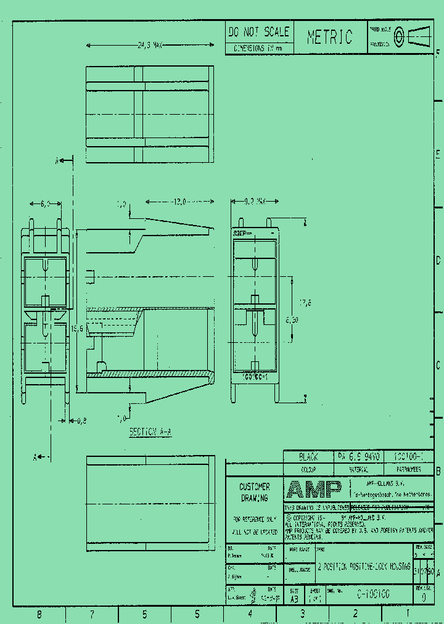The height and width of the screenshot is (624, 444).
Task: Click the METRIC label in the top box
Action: coord(330,38)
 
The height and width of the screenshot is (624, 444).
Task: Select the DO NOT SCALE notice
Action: coord(258,32)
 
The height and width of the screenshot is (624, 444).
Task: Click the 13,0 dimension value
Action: coord(179,202)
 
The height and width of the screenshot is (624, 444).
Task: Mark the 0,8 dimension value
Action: coord(81,421)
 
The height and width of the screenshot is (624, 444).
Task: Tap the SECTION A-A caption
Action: coord(150,432)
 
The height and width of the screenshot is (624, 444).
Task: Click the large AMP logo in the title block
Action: coord(314,490)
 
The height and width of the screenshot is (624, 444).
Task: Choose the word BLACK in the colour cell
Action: coord(308,457)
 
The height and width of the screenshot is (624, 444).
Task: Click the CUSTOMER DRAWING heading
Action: coord(254,492)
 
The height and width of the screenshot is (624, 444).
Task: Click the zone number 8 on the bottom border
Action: coord(39,614)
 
